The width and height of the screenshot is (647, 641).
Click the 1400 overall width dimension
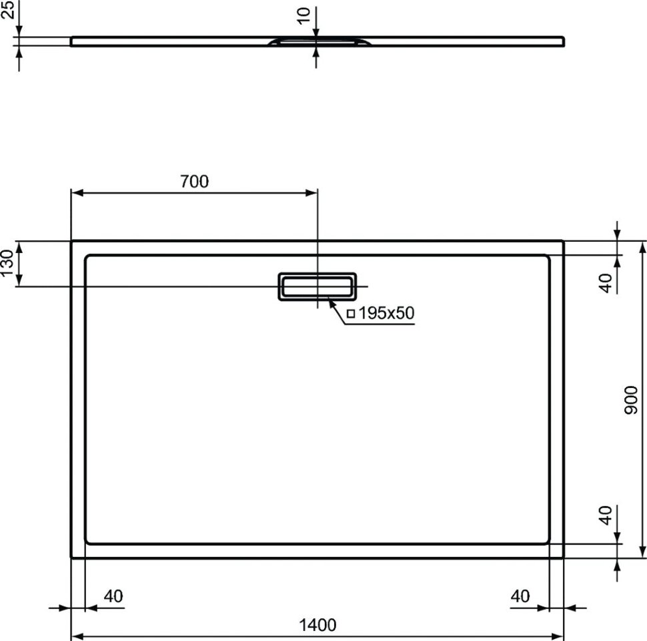point(317,625)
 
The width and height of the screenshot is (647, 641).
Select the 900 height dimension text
point(631,400)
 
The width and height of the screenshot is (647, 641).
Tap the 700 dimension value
point(194,182)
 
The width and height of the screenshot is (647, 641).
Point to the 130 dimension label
point(7,263)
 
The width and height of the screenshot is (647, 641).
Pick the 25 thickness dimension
point(7,9)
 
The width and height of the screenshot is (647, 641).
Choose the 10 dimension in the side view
point(303,16)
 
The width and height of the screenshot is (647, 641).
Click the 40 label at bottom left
point(113,596)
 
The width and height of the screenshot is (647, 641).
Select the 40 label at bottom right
point(520,596)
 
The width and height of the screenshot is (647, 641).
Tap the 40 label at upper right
point(606,283)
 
